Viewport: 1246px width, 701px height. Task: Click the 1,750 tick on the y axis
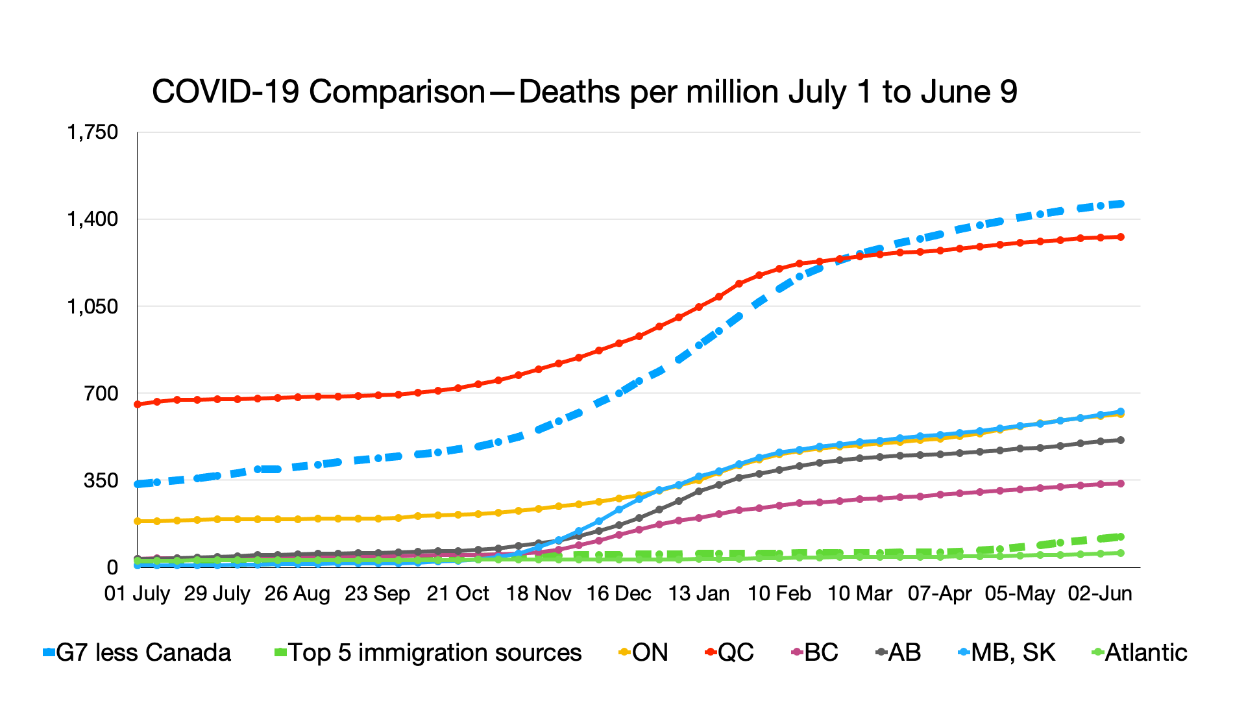click(93, 132)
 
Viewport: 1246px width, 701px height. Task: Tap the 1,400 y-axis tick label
click(93, 219)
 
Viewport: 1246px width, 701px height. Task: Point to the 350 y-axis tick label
click(101, 480)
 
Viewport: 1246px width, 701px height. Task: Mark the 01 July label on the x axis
click(137, 593)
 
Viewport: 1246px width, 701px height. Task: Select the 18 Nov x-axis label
click(539, 593)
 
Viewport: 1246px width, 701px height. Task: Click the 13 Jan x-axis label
click(699, 593)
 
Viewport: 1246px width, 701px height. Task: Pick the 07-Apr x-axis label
click(940, 593)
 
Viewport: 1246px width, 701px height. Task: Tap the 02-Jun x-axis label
click(1100, 593)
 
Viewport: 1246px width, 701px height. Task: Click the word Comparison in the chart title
click(397, 92)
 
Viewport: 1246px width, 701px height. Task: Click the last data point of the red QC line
click(1121, 237)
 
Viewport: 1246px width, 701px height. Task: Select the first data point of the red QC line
click(137, 404)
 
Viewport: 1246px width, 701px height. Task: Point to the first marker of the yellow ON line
click(137, 521)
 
